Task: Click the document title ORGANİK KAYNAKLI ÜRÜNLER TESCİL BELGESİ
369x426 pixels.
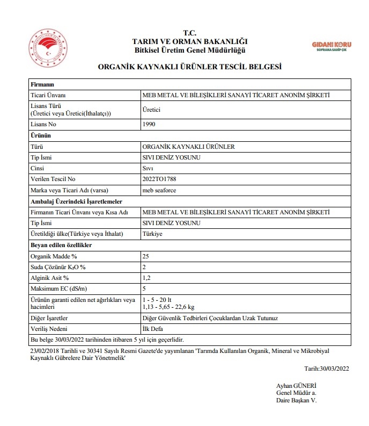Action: point(189,67)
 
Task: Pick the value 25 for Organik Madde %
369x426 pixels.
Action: point(145,256)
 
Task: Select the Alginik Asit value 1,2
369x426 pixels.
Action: point(146,278)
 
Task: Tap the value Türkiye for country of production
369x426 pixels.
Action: point(153,234)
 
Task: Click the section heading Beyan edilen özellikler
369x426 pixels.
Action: point(61,245)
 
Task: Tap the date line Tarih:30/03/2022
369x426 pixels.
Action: point(327,368)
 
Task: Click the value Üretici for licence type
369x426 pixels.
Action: point(151,109)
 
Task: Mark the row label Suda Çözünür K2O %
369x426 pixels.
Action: point(58,267)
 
